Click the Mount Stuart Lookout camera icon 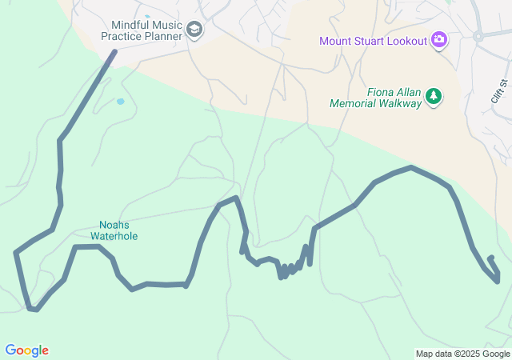(438, 40)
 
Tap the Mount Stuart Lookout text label (373, 41)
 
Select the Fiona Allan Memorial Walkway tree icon (434, 97)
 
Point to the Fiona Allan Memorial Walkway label (375, 97)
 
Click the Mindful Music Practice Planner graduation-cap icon (194, 31)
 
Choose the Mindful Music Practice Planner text (141, 30)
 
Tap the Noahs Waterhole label (114, 230)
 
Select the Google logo (26, 350)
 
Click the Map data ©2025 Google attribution (462, 354)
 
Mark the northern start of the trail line (114, 52)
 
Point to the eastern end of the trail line (490, 258)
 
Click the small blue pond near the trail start (120, 102)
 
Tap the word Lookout (406, 41)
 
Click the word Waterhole (114, 236)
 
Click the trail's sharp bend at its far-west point (16, 253)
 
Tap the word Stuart (366, 41)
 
